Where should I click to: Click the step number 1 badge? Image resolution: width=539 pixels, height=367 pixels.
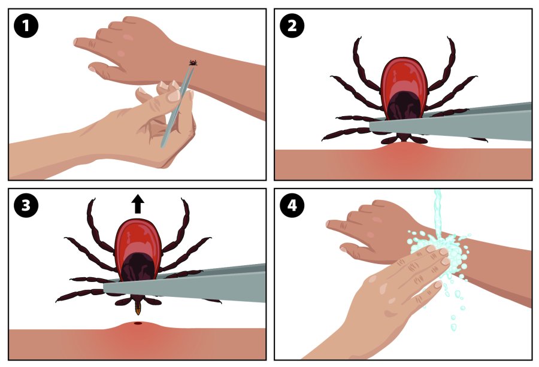(x=26, y=26)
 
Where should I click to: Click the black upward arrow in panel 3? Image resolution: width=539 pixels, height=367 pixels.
(x=138, y=204)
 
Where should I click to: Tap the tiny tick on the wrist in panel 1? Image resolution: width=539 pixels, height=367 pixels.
(x=193, y=62)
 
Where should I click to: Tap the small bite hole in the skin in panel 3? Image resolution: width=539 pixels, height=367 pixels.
(x=138, y=324)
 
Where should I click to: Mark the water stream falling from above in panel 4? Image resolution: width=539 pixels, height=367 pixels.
(x=438, y=210)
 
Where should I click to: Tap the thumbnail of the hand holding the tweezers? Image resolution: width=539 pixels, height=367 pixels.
(x=173, y=95)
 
